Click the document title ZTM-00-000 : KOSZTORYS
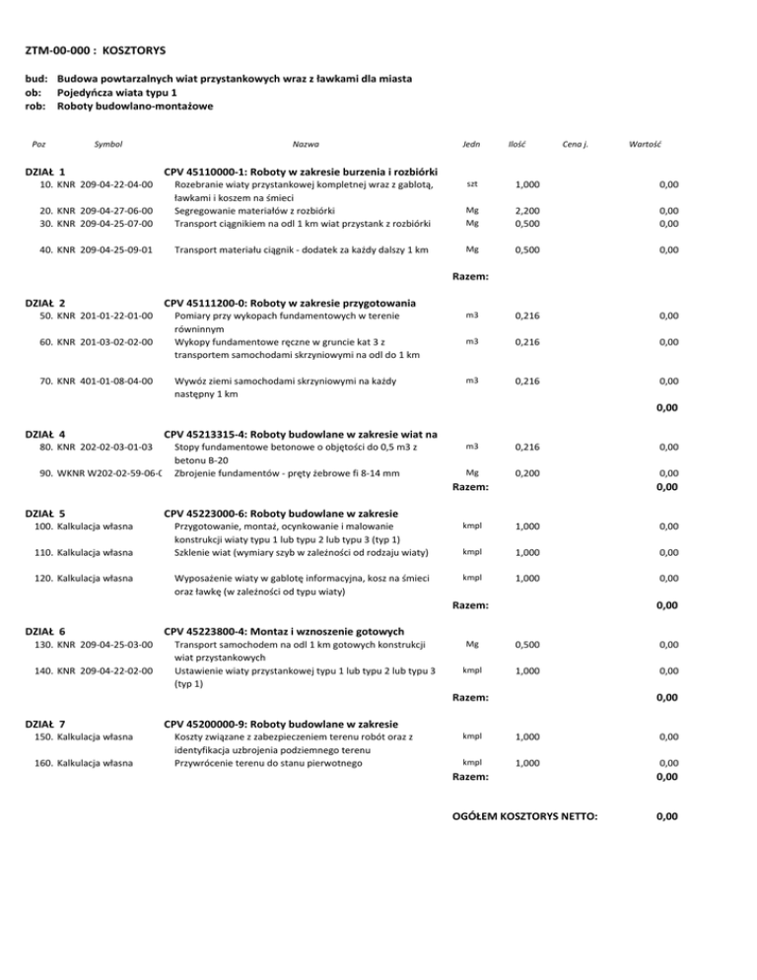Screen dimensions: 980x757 coord(96,48)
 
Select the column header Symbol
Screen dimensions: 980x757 coord(107,144)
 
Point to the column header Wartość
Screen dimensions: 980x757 coord(644,144)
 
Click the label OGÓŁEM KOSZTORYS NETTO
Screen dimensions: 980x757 coord(530,815)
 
